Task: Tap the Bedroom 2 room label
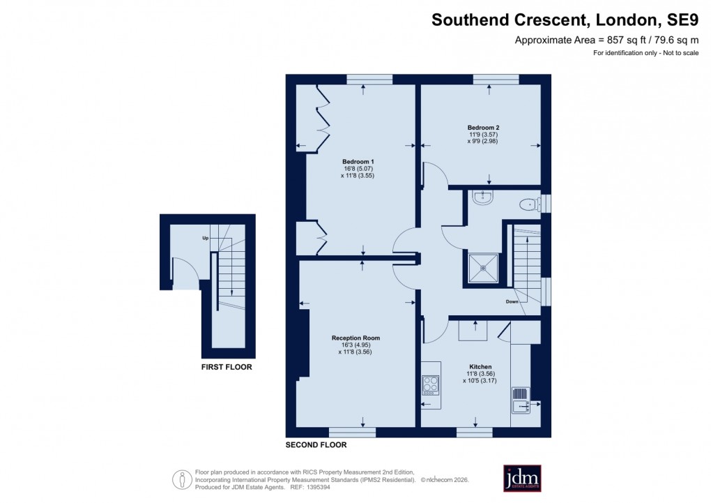[x=483, y=128]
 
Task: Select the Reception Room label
[x=355, y=338]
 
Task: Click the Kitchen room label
[x=480, y=366]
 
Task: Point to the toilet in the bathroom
[x=530, y=204]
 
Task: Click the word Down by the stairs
[x=512, y=302]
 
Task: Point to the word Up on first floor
[x=206, y=238]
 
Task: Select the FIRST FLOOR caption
[x=227, y=367]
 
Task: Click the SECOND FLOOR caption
[x=316, y=444]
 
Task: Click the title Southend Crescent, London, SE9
[x=565, y=20]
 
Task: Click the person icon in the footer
[x=182, y=479]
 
